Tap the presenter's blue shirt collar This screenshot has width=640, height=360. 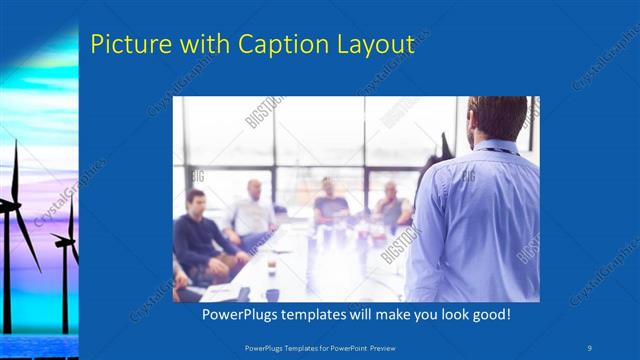(x=498, y=147)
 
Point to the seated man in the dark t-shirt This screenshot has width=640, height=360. (x=330, y=205)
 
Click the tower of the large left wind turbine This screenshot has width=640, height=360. (x=17, y=270)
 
